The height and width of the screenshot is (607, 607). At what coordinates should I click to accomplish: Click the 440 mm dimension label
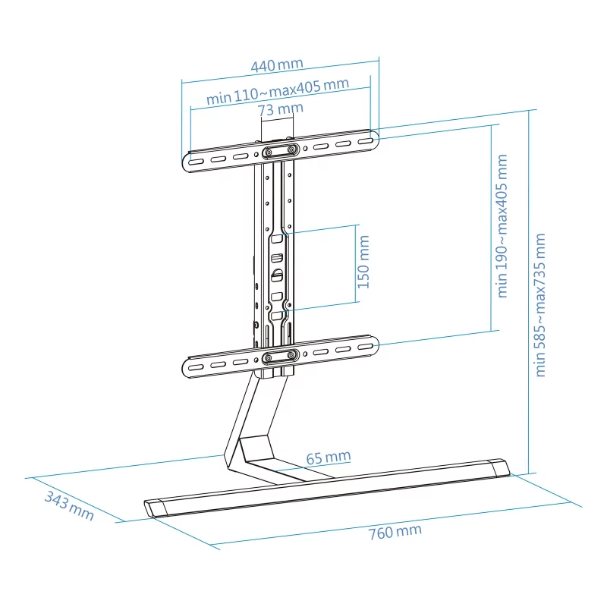coord(277,64)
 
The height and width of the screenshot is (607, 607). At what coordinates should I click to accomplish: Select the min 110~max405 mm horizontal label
coord(278,91)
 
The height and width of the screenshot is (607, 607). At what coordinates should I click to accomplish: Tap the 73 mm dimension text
coord(280,109)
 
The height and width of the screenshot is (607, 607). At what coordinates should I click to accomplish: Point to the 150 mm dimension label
coord(363,262)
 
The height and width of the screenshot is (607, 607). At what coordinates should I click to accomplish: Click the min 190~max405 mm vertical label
coord(502,226)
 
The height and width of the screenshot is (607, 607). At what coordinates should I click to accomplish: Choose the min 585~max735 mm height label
coord(539,305)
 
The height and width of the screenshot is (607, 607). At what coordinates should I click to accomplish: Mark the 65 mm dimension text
coord(329,458)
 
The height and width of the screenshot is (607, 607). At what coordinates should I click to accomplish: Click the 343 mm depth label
coord(69,506)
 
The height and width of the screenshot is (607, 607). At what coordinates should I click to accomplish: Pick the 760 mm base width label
coord(395,532)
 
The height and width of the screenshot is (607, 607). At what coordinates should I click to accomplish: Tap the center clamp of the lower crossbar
coord(281,356)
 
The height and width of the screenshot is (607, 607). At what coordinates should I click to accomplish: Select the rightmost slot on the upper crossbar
coord(365,141)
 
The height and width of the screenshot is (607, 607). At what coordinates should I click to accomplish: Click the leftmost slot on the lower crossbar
coord(196,366)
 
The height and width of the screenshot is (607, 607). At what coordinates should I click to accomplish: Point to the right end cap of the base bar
coord(501,468)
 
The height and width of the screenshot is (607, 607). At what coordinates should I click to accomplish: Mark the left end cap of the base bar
coord(156,508)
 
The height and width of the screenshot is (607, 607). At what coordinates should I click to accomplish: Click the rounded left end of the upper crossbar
coord(186,162)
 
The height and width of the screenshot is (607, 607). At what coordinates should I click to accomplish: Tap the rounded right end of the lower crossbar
coord(375,344)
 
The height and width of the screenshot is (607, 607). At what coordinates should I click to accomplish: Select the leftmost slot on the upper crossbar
coord(196,162)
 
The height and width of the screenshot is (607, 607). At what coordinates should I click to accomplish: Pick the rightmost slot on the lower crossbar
coord(365,347)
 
